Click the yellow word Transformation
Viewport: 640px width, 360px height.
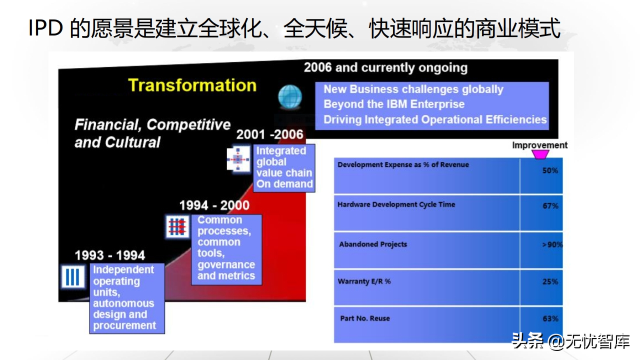pyautogui.click(x=192, y=85)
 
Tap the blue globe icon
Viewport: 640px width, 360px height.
pyautogui.click(x=290, y=96)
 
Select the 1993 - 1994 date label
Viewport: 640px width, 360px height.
pyautogui.click(x=109, y=255)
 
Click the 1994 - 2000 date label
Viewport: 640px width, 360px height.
pyautogui.click(x=214, y=205)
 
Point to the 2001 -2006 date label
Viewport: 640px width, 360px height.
pyautogui.click(x=269, y=134)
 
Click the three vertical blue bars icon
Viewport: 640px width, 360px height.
pyautogui.click(x=73, y=277)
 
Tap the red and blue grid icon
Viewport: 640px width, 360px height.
pyautogui.click(x=177, y=227)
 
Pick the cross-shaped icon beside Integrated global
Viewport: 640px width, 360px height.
pyautogui.click(x=238, y=159)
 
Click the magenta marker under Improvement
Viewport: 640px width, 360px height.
pyautogui.click(x=540, y=154)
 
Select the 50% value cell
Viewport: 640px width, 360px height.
pyautogui.click(x=550, y=170)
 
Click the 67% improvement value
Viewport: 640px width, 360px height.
pyautogui.click(x=550, y=205)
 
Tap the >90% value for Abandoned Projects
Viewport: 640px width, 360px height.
pyautogui.click(x=552, y=244)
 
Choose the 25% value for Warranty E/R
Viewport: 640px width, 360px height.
pyautogui.click(x=550, y=281)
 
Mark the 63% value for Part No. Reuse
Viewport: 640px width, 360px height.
pyautogui.click(x=550, y=318)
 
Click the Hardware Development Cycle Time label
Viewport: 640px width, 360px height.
pyautogui.click(x=396, y=204)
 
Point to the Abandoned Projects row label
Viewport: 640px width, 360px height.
pyautogui.click(x=373, y=244)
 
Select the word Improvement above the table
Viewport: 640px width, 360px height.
pyautogui.click(x=539, y=145)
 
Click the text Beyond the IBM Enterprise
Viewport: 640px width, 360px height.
pyautogui.click(x=394, y=104)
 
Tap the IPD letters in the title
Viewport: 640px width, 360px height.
pyautogui.click(x=45, y=28)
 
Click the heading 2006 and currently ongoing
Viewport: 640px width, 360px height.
pyautogui.click(x=385, y=68)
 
